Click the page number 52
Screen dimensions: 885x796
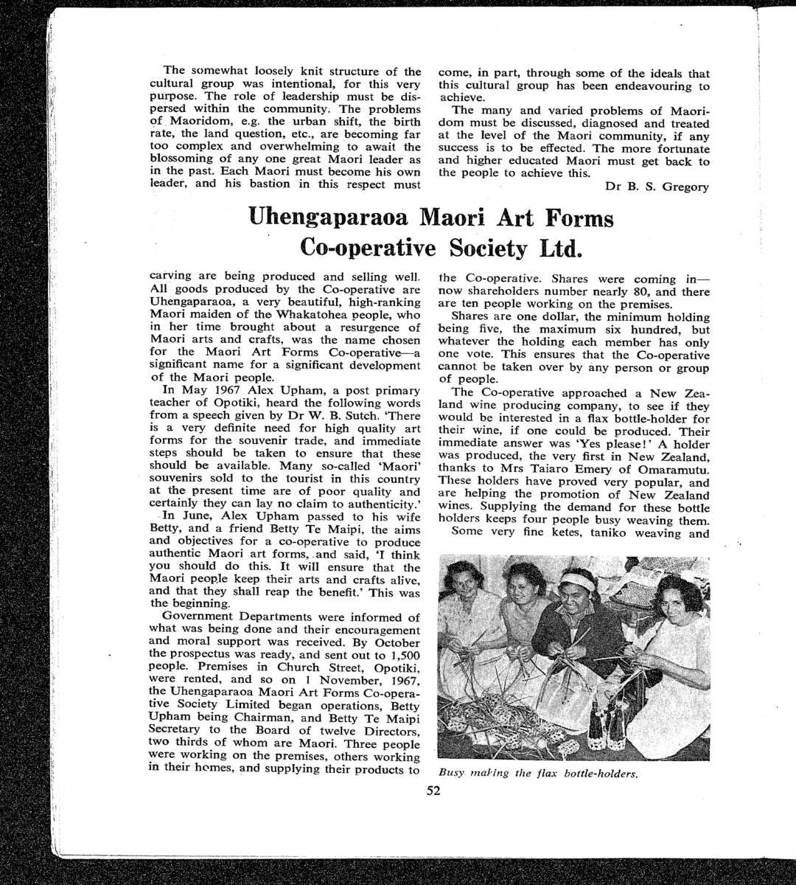pos(433,791)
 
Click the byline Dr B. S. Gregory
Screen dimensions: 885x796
pos(657,187)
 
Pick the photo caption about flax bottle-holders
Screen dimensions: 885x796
pos(537,774)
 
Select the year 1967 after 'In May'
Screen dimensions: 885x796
pos(220,390)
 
